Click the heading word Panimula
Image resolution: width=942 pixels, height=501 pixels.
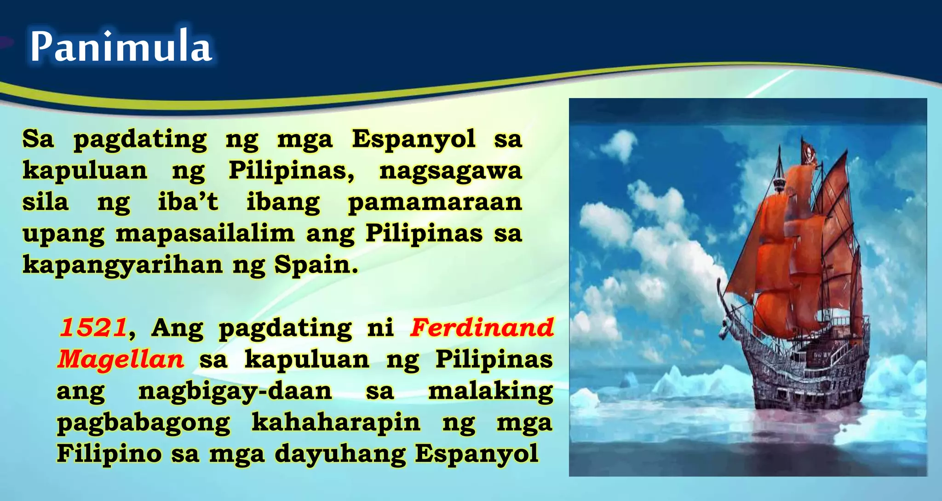click(121, 46)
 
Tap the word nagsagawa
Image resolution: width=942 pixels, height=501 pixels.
click(450, 171)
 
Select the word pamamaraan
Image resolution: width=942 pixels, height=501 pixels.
click(435, 203)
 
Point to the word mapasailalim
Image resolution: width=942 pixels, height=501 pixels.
click(205, 234)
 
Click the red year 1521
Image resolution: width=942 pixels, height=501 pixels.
click(93, 328)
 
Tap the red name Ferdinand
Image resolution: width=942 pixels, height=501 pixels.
click(482, 328)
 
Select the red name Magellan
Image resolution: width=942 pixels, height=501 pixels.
click(121, 360)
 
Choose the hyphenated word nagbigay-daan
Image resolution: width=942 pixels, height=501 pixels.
click(235, 391)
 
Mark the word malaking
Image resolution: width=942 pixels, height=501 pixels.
click(490, 391)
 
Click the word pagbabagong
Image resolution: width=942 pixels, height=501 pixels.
click(144, 423)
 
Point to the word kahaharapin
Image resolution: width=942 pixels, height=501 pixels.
click(336, 422)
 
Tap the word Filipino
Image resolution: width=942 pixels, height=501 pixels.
click(109, 454)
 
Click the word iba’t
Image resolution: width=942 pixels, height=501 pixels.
click(188, 202)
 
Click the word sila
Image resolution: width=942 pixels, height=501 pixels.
click(45, 203)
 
